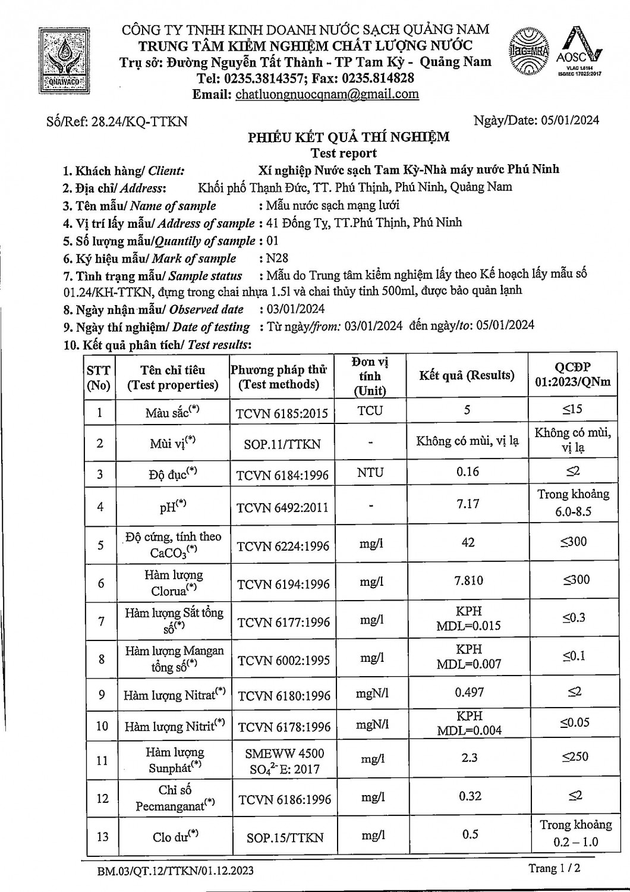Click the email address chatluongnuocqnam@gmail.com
click(x=327, y=95)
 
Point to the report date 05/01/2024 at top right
click(x=571, y=121)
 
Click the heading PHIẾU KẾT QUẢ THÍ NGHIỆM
click(x=348, y=137)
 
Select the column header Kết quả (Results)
click(x=467, y=376)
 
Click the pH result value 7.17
click(x=468, y=504)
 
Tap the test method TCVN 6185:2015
click(x=282, y=413)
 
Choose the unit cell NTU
click(x=370, y=473)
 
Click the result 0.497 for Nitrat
click(x=469, y=693)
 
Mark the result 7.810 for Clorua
click(x=469, y=581)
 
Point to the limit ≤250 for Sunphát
click(x=575, y=757)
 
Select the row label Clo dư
click(x=175, y=837)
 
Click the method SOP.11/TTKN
click(x=282, y=444)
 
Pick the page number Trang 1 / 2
click(x=554, y=868)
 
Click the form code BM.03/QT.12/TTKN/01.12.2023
click(x=176, y=871)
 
